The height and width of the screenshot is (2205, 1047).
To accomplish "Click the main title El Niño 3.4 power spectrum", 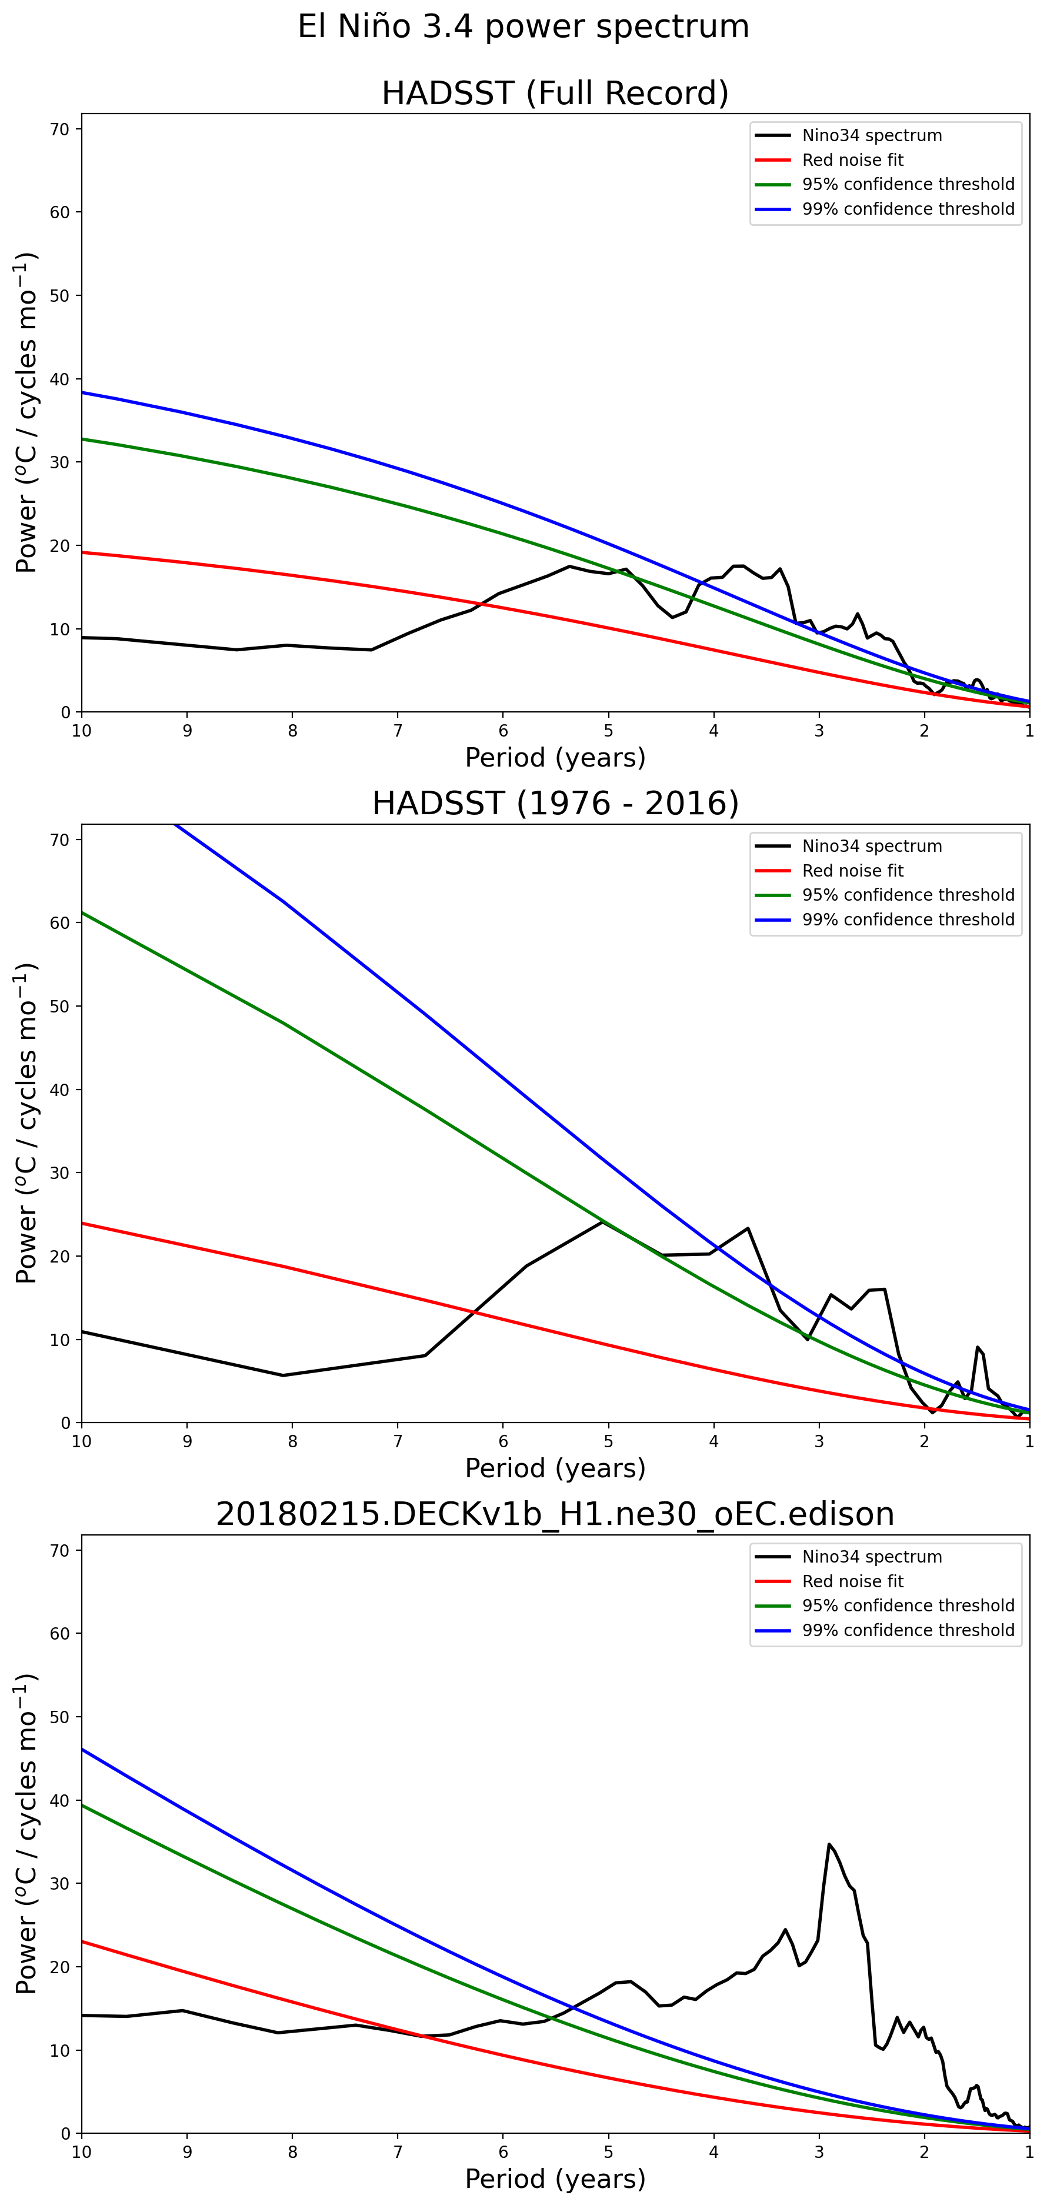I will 523,26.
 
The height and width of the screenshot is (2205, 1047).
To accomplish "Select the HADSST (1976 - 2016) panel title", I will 555,804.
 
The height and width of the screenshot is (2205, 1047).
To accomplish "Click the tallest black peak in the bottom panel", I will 829,1844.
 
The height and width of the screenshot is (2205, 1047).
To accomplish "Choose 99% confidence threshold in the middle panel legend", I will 908,920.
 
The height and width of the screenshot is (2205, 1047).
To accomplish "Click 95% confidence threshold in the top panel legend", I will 908,184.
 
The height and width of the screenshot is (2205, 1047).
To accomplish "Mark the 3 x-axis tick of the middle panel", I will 819,1441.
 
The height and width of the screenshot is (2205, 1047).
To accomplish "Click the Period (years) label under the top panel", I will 555,758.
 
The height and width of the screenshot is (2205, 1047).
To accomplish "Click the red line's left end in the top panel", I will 83,552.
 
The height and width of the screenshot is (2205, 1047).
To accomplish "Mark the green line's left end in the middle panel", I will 83,912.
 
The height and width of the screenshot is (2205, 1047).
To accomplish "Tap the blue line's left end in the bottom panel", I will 83,1750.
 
